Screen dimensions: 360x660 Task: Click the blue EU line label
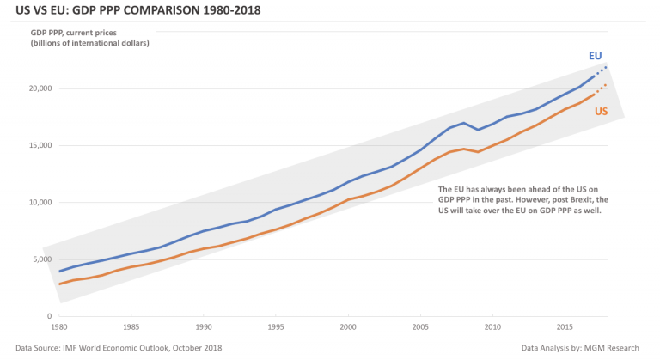tap(595, 56)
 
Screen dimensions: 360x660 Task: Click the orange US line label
tap(602, 112)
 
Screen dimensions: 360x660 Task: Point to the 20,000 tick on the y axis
tap(40, 88)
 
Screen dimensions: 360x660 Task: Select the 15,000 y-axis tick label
tap(40, 146)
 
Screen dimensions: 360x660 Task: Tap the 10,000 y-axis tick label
tap(40, 203)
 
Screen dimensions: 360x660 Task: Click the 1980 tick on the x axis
tap(59, 327)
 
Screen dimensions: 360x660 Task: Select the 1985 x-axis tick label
tap(131, 327)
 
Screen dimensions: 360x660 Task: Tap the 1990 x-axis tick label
tap(204, 327)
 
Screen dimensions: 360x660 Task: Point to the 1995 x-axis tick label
tap(276, 327)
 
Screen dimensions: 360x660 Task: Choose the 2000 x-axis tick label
tap(348, 327)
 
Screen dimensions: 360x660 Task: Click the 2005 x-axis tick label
tap(420, 327)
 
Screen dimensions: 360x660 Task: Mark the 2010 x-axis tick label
tap(492, 327)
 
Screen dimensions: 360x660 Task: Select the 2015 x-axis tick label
tap(565, 327)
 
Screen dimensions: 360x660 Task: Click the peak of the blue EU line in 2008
tap(464, 123)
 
